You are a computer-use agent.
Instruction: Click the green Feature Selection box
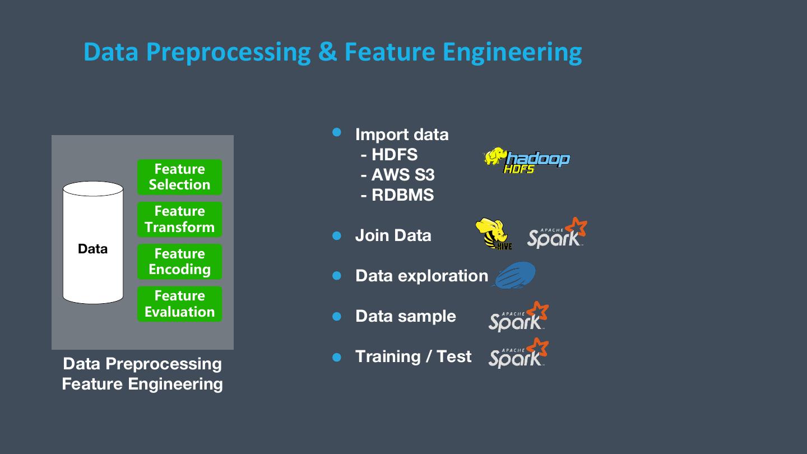point(179,177)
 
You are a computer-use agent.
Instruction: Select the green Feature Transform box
point(179,219)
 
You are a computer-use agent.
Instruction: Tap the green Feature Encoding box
point(179,262)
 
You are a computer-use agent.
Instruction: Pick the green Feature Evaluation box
point(179,304)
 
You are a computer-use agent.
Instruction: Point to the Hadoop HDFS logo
point(527,160)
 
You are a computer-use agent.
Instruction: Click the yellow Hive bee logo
point(493,234)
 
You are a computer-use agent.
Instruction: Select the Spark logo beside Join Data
point(556,233)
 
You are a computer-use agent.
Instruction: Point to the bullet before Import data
point(337,132)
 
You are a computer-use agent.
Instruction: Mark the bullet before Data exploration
point(337,276)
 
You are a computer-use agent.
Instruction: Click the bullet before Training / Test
point(337,357)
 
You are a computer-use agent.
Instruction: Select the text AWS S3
point(402,175)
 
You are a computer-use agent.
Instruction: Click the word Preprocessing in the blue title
point(228,52)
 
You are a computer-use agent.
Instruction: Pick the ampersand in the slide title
point(327,52)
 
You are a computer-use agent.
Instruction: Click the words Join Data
point(393,235)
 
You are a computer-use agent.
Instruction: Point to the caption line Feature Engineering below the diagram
point(142,384)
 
